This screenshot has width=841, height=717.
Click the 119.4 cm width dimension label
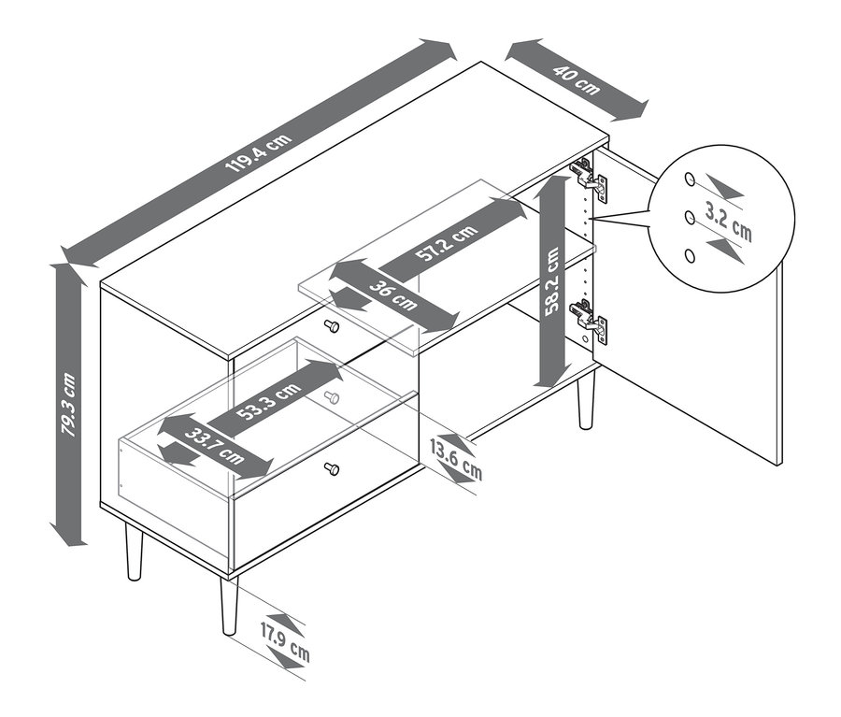[x=259, y=152]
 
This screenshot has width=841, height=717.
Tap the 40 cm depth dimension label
[x=577, y=80]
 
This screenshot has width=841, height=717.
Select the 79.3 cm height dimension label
[x=69, y=405]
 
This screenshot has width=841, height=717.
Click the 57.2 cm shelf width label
[x=447, y=242]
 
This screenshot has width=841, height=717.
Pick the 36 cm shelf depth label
[x=393, y=294]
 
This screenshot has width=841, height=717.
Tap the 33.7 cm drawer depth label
[x=214, y=447]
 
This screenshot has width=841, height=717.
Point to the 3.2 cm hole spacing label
[x=728, y=222]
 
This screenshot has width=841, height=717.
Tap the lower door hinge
[x=589, y=321]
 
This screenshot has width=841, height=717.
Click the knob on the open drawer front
[x=332, y=469]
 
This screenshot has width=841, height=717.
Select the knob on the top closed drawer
[x=332, y=325]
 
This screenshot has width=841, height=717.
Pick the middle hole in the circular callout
[x=690, y=218]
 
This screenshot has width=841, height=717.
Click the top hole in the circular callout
[x=690, y=179]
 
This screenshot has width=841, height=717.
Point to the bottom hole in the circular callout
[x=690, y=256]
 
